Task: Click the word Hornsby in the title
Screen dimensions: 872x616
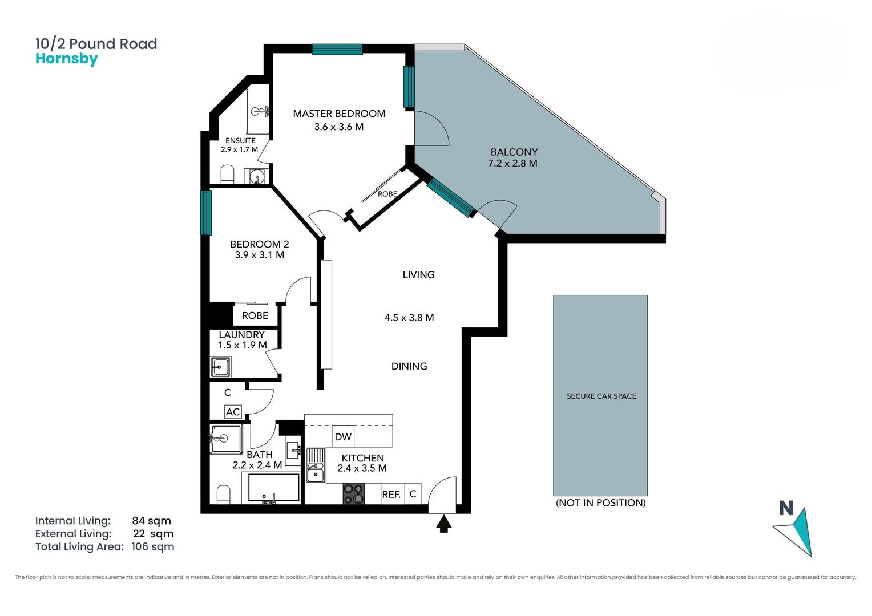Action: [x=67, y=59]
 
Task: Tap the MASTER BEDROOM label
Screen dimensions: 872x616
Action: [x=339, y=114]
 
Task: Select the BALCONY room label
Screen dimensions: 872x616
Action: [x=514, y=152]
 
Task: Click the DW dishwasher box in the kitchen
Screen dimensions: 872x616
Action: [x=344, y=436]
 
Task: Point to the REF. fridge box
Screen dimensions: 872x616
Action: [x=391, y=494]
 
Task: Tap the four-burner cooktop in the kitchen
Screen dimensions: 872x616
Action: [x=353, y=494]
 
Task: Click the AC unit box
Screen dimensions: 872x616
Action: [x=233, y=412]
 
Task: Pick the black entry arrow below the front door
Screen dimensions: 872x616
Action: [x=444, y=524]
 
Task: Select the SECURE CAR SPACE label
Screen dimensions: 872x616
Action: [x=601, y=396]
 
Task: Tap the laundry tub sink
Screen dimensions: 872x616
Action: [x=220, y=367]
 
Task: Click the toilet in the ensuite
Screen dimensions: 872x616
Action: [x=227, y=175]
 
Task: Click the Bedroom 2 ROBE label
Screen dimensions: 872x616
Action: [x=255, y=315]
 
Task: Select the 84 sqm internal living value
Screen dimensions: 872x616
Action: [x=151, y=521]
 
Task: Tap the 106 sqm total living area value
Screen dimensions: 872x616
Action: [x=152, y=547]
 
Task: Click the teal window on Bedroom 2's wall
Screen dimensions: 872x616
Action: [x=206, y=213]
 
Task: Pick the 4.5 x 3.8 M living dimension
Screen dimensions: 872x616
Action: [x=409, y=318]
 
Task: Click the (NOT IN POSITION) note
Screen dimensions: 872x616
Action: [x=601, y=502]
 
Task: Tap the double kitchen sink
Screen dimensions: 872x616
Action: [x=316, y=465]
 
